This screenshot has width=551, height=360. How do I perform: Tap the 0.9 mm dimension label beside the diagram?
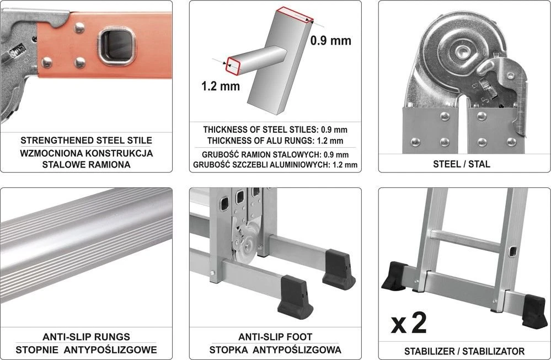tap(330, 40)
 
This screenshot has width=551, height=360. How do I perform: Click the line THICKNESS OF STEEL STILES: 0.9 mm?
tap(275, 130)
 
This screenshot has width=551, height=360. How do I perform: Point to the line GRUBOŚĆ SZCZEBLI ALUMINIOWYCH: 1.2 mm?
tap(275, 164)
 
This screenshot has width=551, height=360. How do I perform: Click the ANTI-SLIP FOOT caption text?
tap(275, 336)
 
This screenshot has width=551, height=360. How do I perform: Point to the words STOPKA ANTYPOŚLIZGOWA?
tap(275, 350)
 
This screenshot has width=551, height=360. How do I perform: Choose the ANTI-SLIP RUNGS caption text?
tap(86, 336)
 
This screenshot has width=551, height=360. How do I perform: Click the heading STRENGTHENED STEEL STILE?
tap(86, 140)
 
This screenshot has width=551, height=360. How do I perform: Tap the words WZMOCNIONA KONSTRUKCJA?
tap(86, 153)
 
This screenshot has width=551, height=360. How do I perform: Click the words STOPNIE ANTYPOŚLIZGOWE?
tap(86, 350)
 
